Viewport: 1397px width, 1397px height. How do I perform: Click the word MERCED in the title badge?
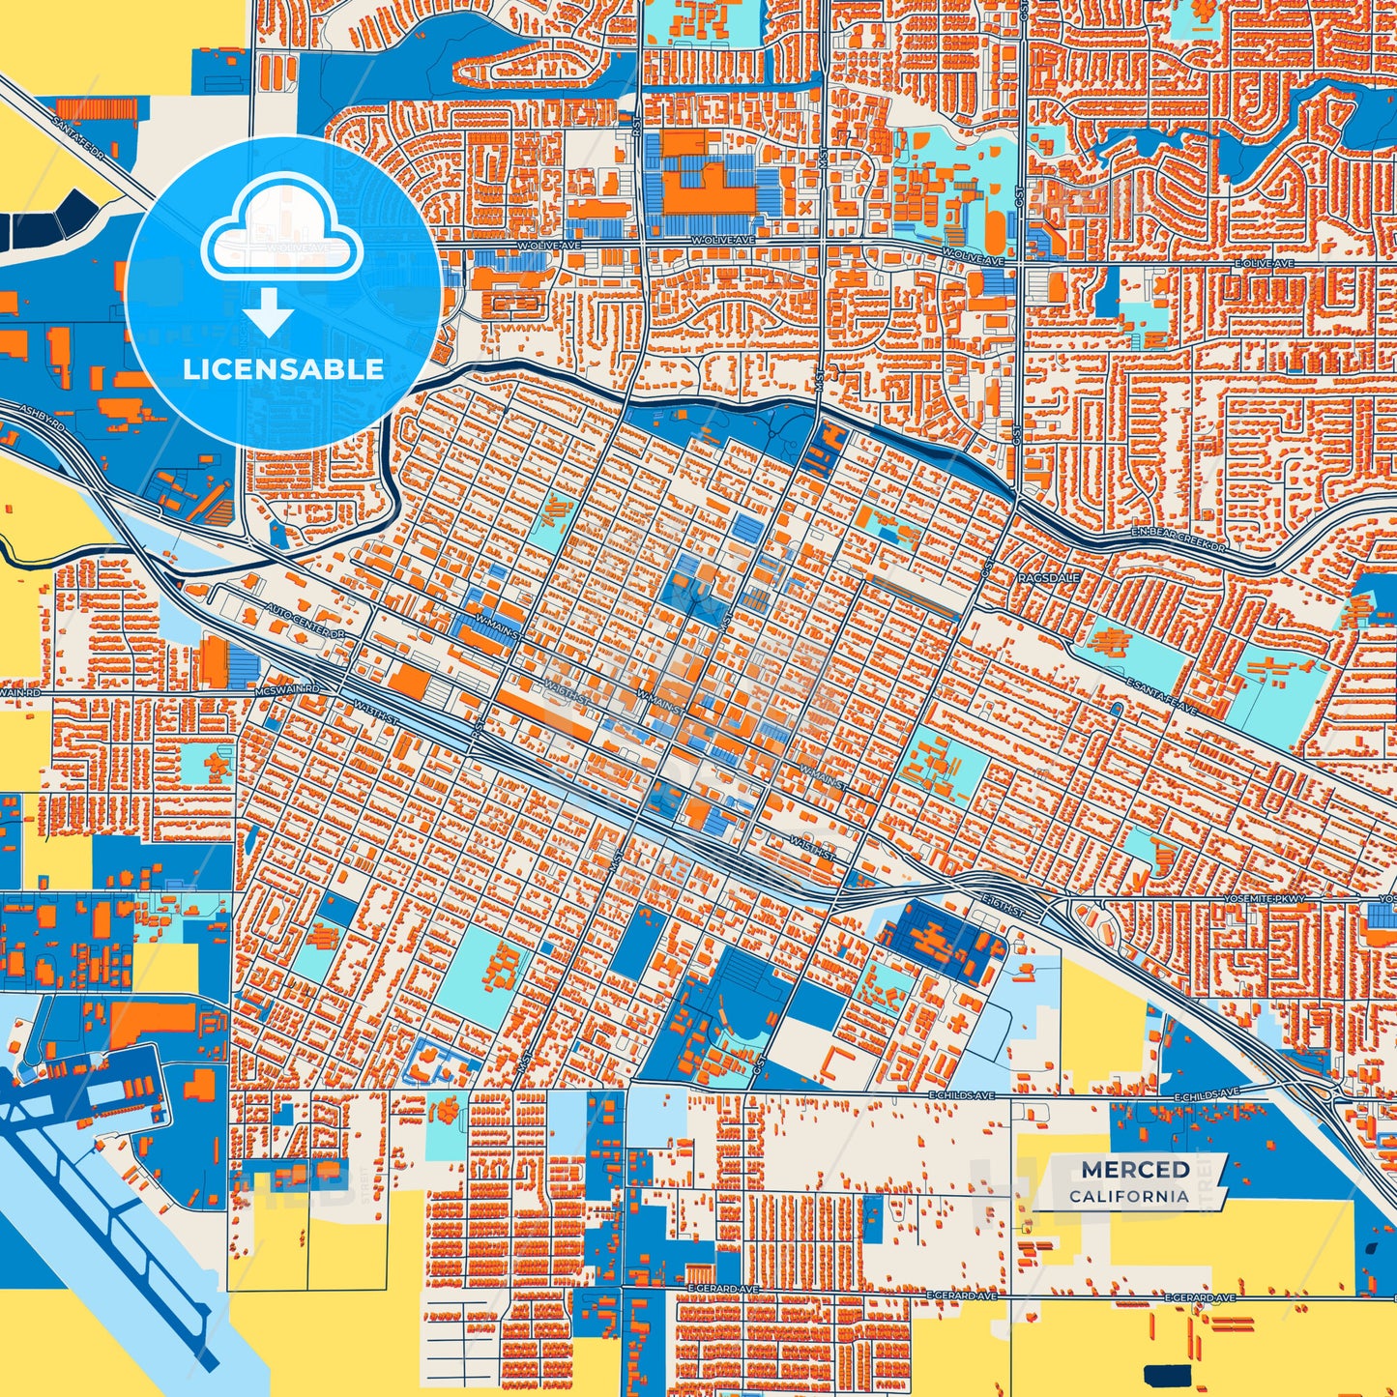(x=1135, y=1170)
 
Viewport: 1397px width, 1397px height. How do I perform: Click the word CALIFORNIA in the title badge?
(x=1128, y=1196)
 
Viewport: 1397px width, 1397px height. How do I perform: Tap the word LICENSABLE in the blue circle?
(x=283, y=369)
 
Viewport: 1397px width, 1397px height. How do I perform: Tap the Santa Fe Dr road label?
(x=84, y=138)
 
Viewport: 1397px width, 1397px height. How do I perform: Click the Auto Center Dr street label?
(x=305, y=623)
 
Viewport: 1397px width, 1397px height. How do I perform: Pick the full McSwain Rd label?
(x=286, y=689)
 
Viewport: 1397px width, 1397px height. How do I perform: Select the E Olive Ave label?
(x=1264, y=263)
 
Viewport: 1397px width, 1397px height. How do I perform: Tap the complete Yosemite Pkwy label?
(x=1277, y=899)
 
